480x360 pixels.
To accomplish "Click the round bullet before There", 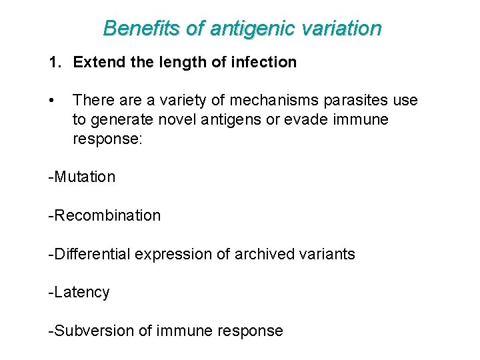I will [x=52, y=101].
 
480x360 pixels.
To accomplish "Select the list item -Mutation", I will [x=82, y=177].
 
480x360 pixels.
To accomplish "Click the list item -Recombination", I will [x=105, y=216].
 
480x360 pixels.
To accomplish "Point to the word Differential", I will [x=93, y=254].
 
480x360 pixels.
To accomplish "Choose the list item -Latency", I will [x=79, y=293].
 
